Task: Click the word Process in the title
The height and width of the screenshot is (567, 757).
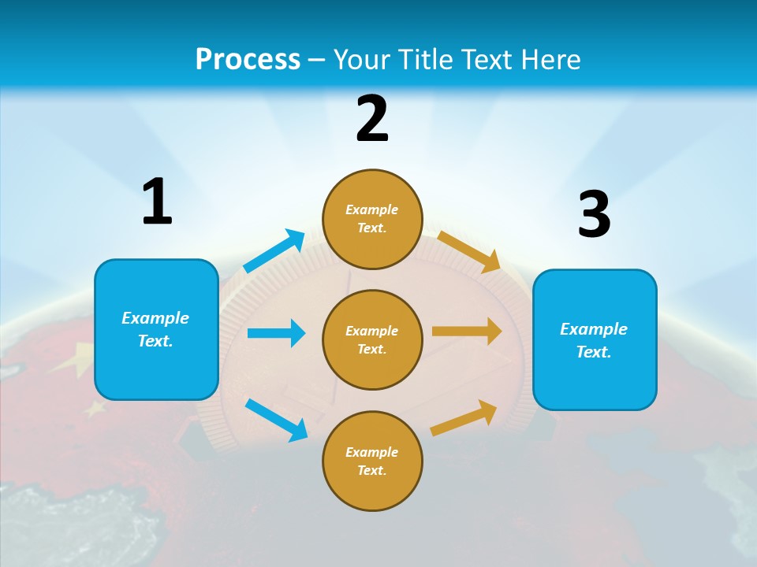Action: (248, 59)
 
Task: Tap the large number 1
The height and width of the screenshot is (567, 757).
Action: (157, 202)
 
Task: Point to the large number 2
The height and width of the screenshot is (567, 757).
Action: (372, 119)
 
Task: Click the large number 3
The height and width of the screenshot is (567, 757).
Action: (594, 215)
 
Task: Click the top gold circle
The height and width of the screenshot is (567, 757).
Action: (372, 219)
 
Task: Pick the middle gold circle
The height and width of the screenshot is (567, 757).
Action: (372, 339)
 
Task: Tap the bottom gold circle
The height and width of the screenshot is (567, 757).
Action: (372, 461)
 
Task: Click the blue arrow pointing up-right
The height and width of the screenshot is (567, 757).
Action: (274, 251)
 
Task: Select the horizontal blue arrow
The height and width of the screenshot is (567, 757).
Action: (276, 333)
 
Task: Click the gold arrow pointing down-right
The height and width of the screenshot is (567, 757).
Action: (468, 252)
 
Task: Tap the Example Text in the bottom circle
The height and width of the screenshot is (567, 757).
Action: (372, 461)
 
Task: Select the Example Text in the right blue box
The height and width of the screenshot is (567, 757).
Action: (594, 340)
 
